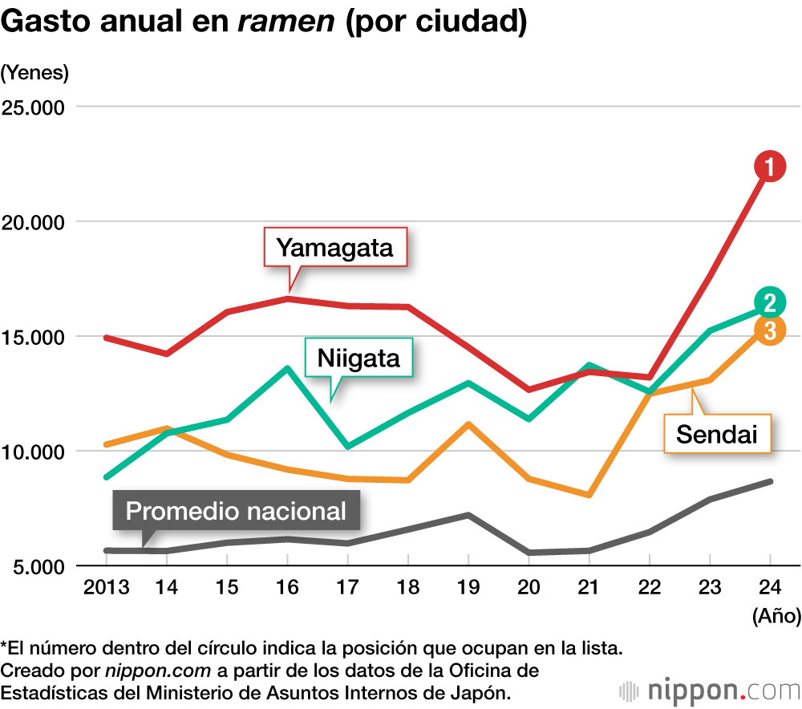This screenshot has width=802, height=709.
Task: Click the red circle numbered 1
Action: click(769, 167)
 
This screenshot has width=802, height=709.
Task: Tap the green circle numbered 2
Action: click(769, 302)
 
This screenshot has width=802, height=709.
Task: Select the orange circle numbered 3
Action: click(769, 330)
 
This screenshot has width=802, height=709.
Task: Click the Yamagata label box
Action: click(335, 247)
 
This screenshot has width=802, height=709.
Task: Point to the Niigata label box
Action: click(358, 358)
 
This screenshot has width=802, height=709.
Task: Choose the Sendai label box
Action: click(717, 434)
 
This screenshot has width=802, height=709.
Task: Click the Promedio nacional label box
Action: click(236, 511)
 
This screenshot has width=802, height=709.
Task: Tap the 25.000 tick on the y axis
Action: click(34, 107)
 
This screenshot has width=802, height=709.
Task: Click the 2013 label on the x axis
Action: click(107, 588)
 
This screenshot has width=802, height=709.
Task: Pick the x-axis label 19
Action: click(468, 588)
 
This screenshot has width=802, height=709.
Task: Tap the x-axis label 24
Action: click(770, 588)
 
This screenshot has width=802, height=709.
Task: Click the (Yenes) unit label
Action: click(34, 72)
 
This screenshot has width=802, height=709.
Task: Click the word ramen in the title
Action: click(286, 22)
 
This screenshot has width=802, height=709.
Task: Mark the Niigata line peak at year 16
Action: click(288, 368)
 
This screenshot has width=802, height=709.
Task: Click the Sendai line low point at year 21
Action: click(589, 495)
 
